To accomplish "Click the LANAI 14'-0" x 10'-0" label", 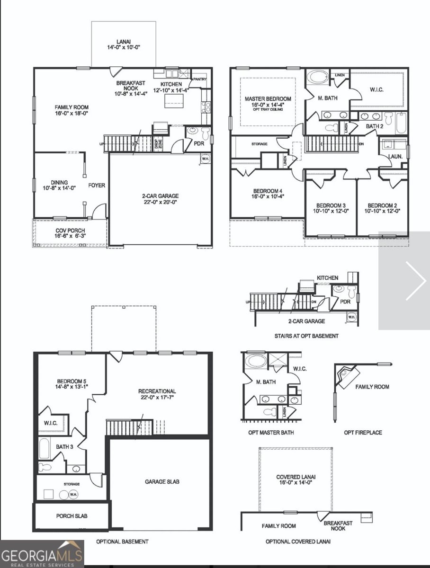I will pos(123,44).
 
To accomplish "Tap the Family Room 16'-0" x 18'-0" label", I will pos(71,110).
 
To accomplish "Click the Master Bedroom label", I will pos(268,102).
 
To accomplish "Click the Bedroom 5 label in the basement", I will pos(72,384).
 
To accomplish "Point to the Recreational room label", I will pos(157,394).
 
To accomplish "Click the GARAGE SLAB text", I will pos(161,482).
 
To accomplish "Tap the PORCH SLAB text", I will pos(72,516).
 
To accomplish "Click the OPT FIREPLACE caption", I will pos(363,433).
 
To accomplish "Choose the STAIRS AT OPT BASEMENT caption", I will pos(306,336).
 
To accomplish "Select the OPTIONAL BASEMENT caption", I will pos(122,541).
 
